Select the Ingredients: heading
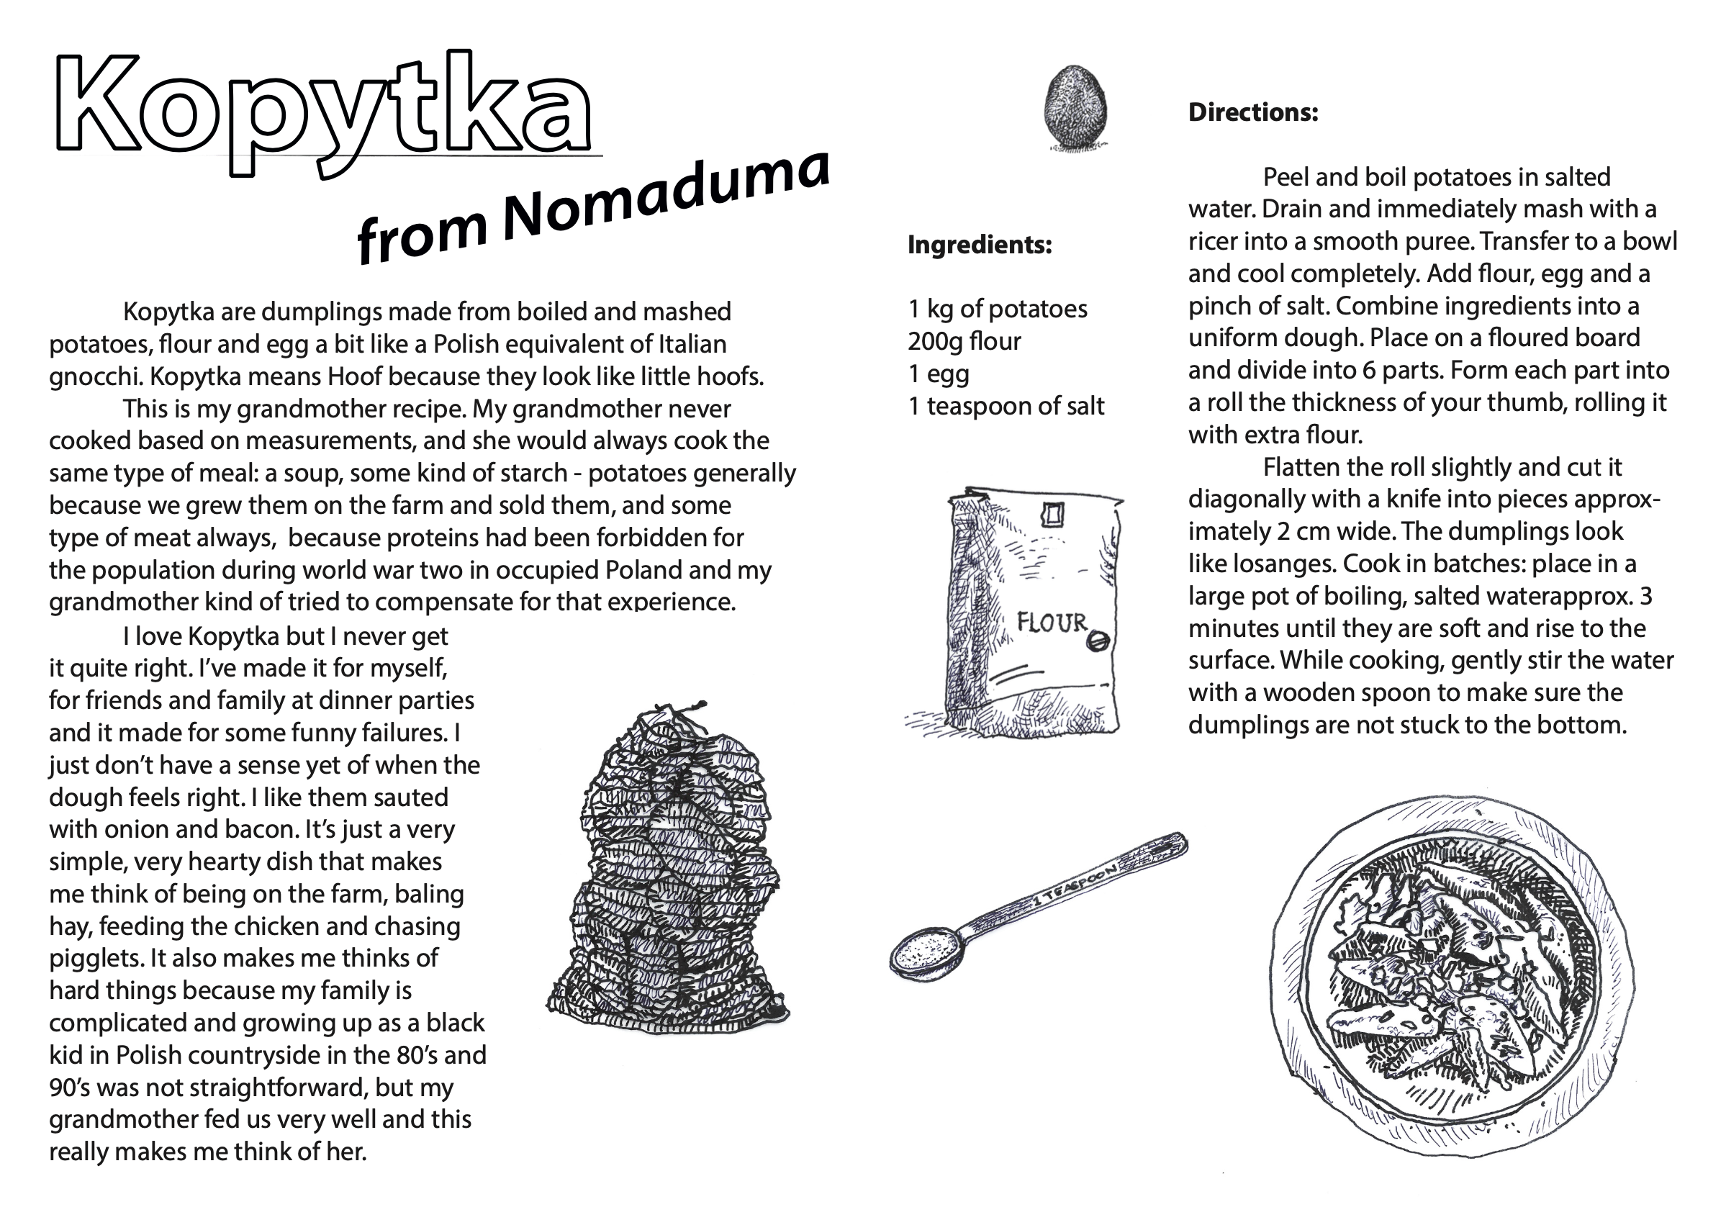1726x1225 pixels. tap(979, 245)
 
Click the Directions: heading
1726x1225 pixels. tap(1253, 112)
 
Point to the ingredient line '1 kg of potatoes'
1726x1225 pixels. tap(998, 309)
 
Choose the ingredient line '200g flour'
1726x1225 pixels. tap(964, 342)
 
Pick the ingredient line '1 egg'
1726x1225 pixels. tap(939, 374)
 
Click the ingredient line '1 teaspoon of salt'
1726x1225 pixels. tap(1006, 407)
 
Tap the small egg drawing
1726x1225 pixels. tap(1075, 107)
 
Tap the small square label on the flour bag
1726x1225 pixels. tap(1052, 515)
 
